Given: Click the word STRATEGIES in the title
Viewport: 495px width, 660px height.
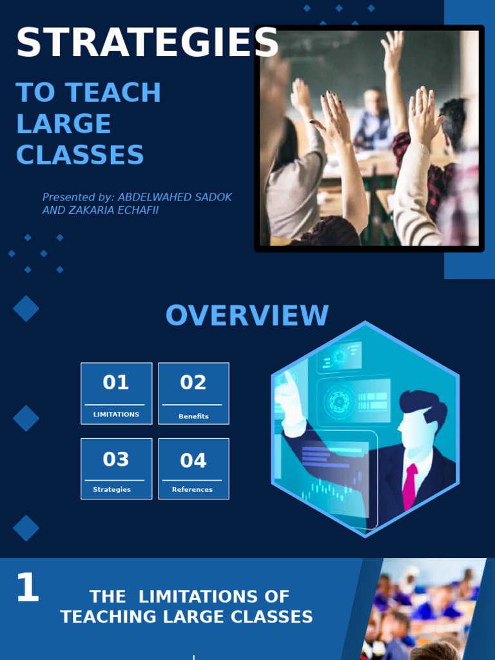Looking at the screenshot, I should point(147,43).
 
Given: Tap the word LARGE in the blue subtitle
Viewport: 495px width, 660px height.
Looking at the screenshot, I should point(63,124).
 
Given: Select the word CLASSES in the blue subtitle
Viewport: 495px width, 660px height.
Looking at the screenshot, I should point(80,155).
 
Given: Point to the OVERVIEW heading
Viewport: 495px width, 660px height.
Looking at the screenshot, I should point(247,316).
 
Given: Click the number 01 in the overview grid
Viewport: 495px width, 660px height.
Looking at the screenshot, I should point(116,382).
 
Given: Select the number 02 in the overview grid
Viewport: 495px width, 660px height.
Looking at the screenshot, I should point(193,382).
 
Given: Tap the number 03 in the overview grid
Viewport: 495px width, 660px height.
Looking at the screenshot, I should point(116,460).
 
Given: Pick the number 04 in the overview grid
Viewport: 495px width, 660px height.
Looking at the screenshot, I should point(193,460).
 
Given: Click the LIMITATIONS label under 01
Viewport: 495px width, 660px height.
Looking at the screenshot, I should point(116,414).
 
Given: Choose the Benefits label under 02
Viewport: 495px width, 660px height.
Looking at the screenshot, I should point(193,416).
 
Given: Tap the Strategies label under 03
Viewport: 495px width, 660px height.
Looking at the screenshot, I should point(112,489).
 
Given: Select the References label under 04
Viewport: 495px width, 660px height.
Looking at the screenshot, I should point(192,489).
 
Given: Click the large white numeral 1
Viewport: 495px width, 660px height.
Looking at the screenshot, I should point(27,588).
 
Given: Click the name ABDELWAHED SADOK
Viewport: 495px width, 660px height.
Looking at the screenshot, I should point(174,197).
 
